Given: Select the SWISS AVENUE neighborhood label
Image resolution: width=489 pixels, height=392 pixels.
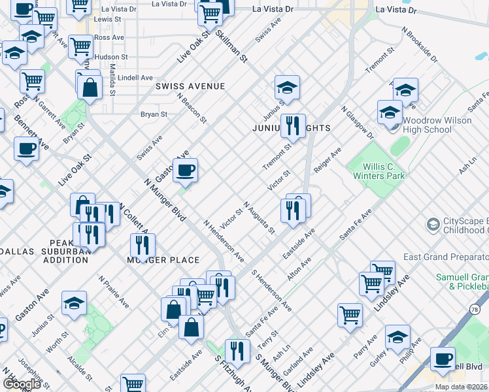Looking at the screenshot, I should pyautogui.click(x=190, y=86).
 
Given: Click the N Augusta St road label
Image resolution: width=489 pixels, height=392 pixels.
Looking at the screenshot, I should pyautogui.click(x=259, y=218).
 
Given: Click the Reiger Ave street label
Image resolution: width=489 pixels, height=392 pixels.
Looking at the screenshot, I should pyautogui.click(x=328, y=160).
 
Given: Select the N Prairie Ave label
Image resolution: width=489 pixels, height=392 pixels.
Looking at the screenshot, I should pyautogui.click(x=112, y=291).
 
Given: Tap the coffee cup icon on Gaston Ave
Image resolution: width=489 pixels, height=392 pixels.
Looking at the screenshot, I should pyautogui.click(x=186, y=170).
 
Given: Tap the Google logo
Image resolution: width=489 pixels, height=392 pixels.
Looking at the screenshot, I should pyautogui.click(x=22, y=384).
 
